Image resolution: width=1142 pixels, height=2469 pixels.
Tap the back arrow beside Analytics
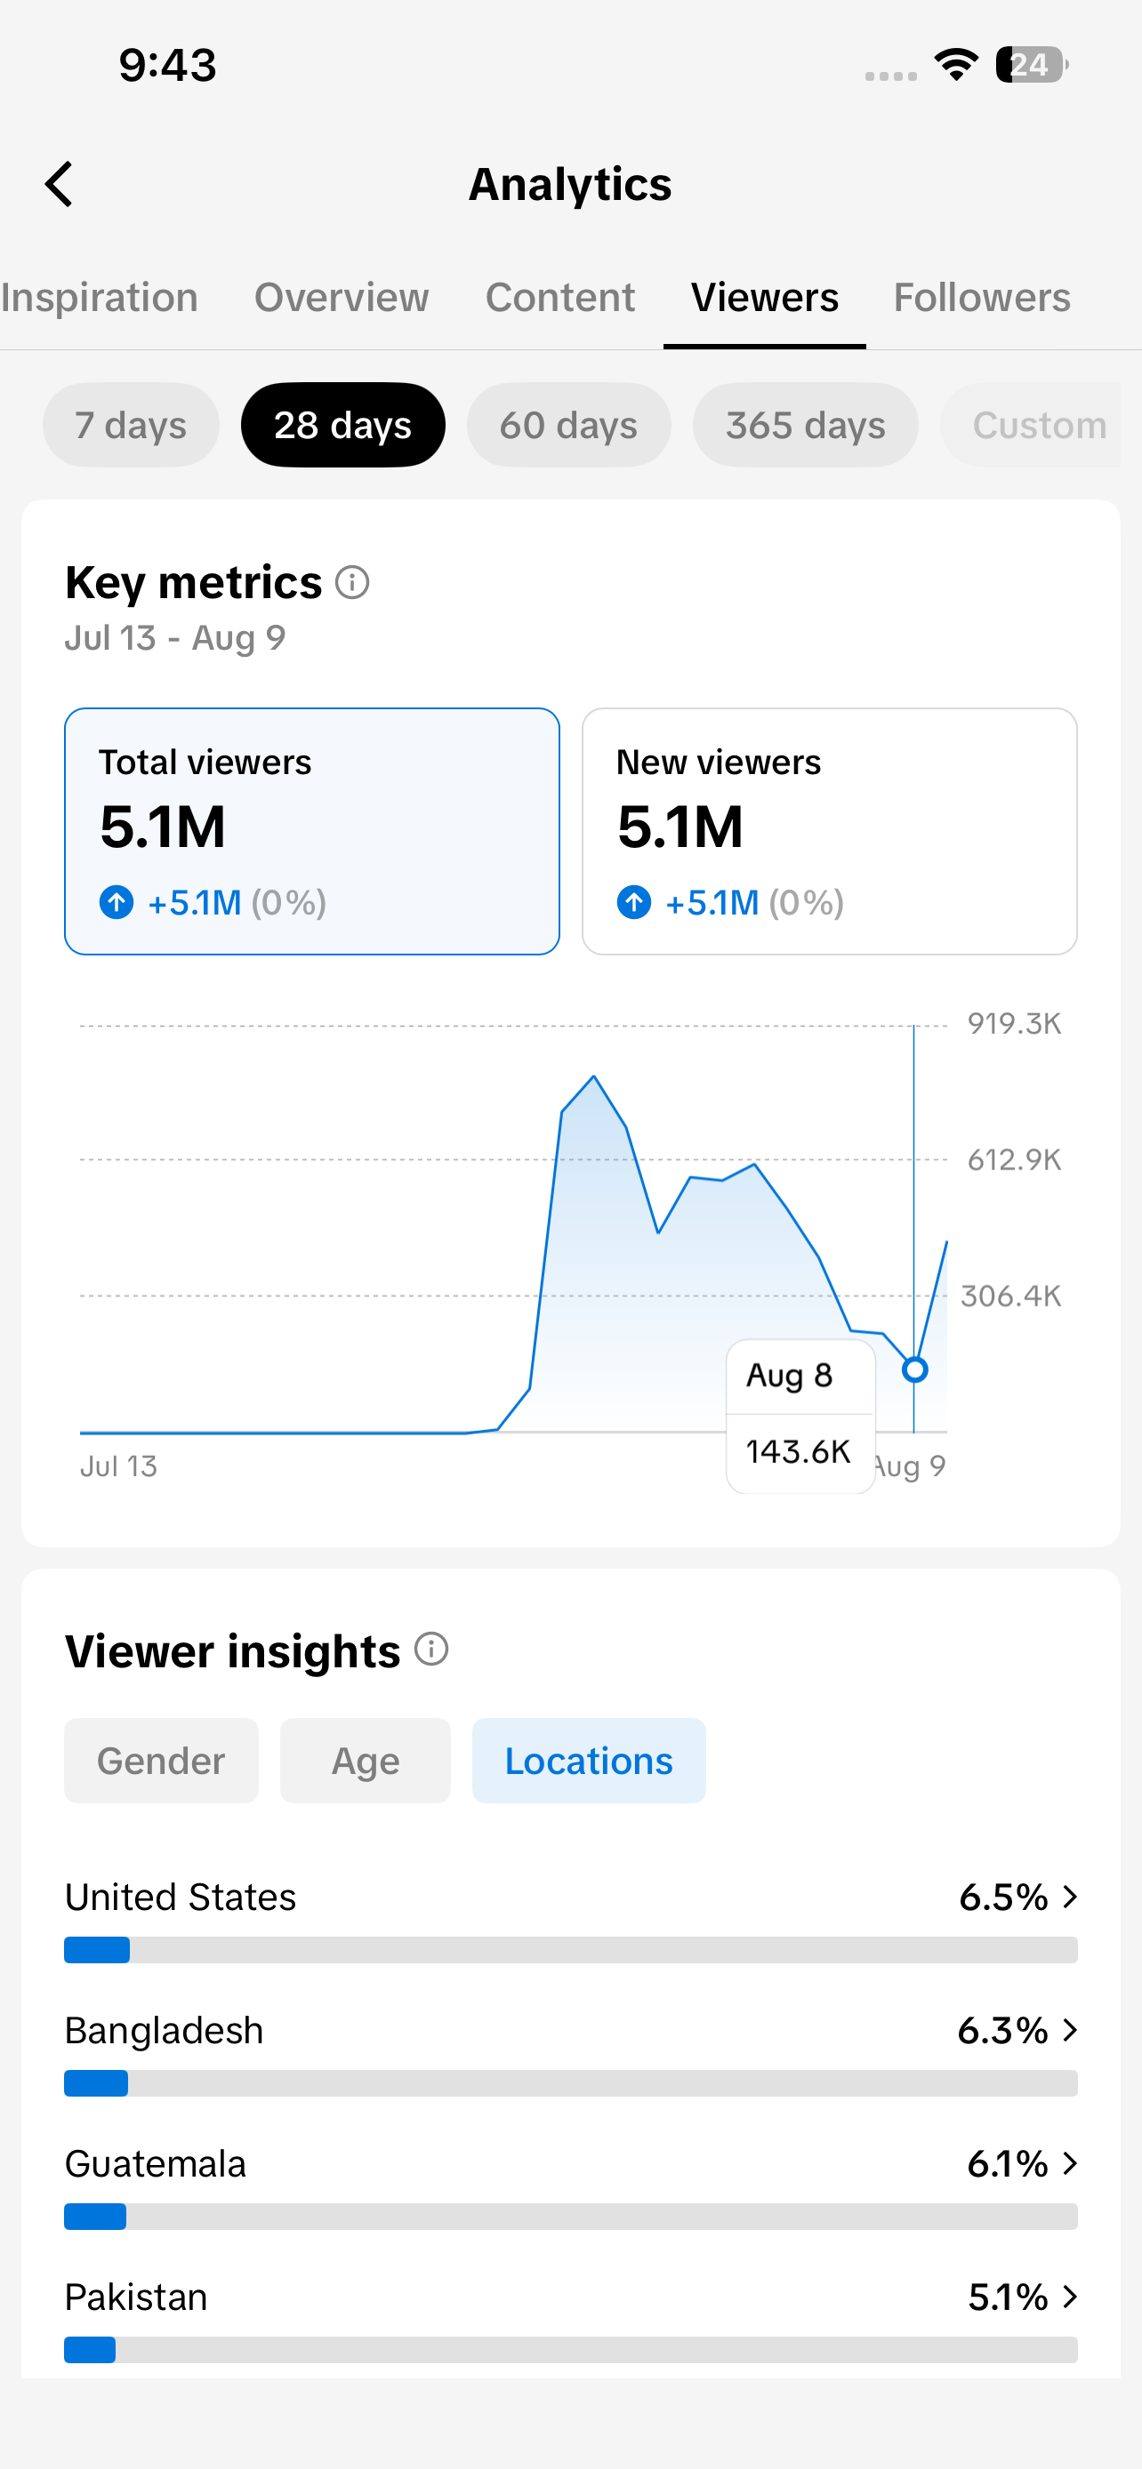(60, 184)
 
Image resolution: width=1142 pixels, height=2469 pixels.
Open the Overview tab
(342, 297)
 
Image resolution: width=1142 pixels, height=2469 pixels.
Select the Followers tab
(982, 297)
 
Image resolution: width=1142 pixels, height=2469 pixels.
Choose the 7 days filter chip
(131, 425)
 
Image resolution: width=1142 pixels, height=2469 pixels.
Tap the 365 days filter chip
(806, 425)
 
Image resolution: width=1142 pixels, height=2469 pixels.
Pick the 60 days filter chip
(568, 425)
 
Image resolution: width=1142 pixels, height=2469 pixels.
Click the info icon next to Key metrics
(352, 582)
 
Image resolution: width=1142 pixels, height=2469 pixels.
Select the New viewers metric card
(830, 831)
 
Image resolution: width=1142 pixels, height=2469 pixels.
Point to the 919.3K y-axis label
(1014, 1024)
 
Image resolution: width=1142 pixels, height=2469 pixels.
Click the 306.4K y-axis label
(1010, 1296)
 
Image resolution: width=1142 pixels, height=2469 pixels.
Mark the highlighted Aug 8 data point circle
(914, 1370)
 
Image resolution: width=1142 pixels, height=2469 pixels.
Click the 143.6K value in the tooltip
(798, 1452)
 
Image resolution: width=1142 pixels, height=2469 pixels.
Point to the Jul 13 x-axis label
(118, 1466)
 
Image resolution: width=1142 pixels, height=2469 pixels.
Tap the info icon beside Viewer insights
(431, 1650)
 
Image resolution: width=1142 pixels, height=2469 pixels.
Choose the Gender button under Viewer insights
(161, 1761)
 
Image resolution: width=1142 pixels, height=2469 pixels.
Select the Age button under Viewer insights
(366, 1761)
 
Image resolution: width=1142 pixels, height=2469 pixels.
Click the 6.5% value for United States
(1003, 1897)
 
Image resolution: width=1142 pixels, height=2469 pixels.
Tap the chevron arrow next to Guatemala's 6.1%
(1070, 2163)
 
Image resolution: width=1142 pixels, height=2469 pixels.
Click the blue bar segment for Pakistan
(90, 2349)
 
